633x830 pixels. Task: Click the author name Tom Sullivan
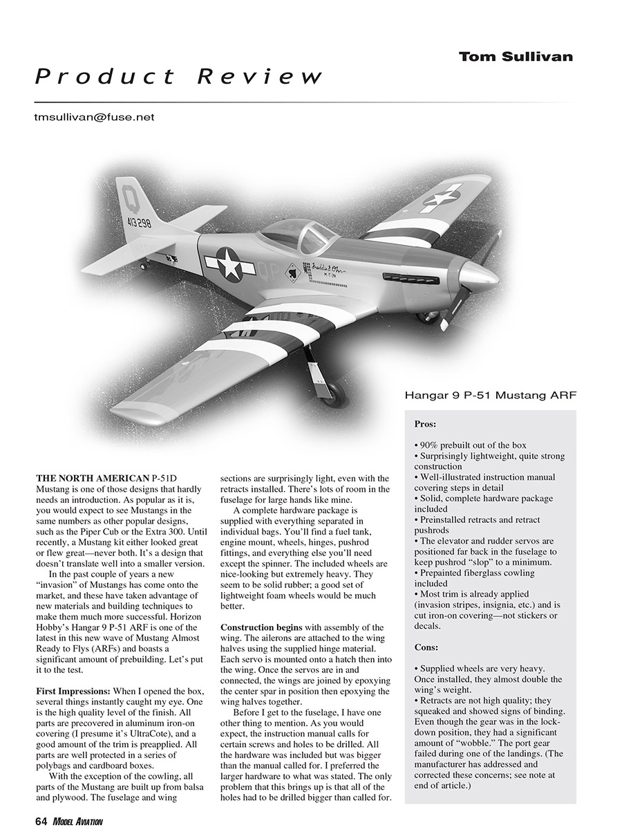516,57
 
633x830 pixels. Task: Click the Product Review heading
179,77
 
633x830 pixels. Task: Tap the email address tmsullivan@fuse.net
94,118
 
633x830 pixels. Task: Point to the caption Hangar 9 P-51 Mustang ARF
491,396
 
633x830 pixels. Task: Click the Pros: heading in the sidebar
425,424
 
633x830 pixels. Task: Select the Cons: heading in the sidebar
426,647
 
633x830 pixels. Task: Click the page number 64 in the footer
40,821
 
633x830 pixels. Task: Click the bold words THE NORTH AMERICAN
93,478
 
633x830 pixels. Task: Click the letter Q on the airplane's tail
127,194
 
